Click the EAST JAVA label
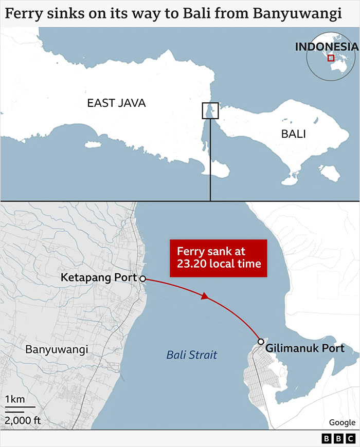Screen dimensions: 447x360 point(116,103)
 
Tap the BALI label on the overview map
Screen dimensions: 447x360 point(293,134)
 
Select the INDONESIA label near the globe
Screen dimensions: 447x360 point(326,46)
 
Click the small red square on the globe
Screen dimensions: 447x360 point(331,58)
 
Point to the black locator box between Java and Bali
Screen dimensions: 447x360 point(210,110)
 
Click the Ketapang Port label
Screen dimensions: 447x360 point(99,277)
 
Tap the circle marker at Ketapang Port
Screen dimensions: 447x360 point(142,278)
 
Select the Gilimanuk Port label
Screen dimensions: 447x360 point(305,348)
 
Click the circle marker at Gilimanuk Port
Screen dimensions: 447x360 point(261,342)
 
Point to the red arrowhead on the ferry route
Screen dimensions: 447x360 point(205,296)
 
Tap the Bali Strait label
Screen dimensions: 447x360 point(192,355)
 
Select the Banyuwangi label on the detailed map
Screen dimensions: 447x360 point(57,349)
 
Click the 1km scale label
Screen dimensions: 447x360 point(14,400)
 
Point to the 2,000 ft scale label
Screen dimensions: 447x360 point(23,420)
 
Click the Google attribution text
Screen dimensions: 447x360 point(342,422)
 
